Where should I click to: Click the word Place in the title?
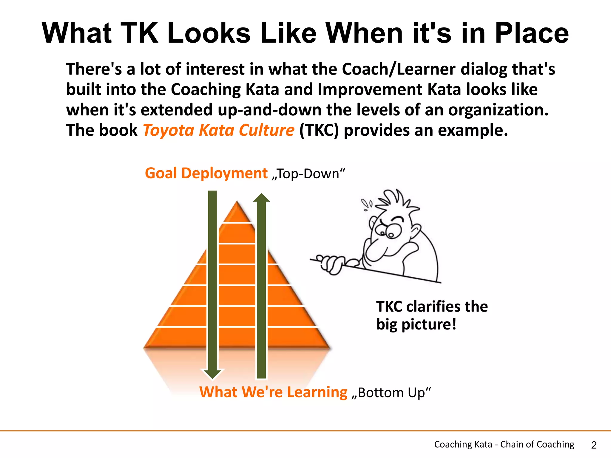tap(532, 33)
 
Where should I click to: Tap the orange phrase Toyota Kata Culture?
tap(219, 130)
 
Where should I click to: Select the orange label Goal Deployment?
tap(206, 173)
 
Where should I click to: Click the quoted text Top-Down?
tap(308, 174)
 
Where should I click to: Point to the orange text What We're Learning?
tap(273, 392)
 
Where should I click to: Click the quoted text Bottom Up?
tap(391, 393)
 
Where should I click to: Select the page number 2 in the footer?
tap(594, 445)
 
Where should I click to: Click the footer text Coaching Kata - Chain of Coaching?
tap(504, 444)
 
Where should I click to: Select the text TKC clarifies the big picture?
tap(431, 315)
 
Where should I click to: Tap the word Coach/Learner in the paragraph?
tap(399, 69)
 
